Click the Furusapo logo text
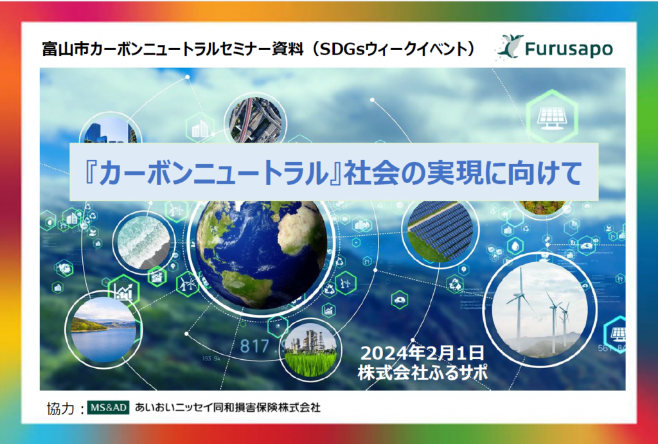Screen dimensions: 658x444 [569, 48]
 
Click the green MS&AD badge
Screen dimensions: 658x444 [109, 407]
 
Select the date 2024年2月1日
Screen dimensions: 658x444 [422, 353]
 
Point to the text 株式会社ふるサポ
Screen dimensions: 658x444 [423, 372]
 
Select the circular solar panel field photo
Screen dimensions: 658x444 [440, 232]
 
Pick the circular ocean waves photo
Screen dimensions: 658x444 [143, 243]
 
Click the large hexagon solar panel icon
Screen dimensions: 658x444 [552, 116]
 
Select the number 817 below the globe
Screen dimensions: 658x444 [255, 346]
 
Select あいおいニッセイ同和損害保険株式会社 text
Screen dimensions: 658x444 [227, 407]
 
